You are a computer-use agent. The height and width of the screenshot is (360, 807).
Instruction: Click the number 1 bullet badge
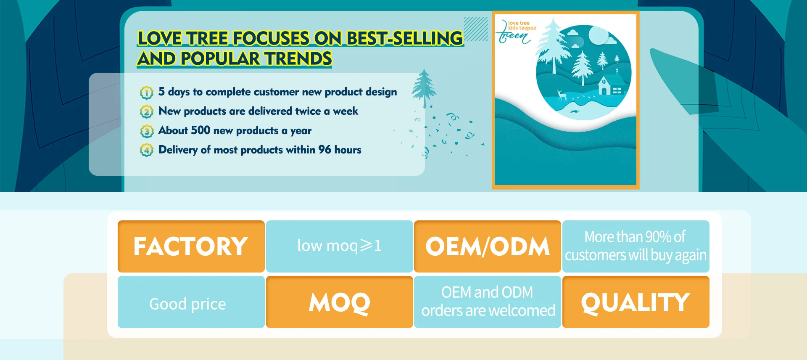[x=147, y=93]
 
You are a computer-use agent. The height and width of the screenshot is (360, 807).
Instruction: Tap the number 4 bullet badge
[x=147, y=150]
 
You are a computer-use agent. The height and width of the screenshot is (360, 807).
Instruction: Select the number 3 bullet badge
[x=147, y=131]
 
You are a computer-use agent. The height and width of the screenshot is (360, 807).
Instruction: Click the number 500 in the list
[x=200, y=130]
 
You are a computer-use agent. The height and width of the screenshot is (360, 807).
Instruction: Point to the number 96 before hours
[x=324, y=149]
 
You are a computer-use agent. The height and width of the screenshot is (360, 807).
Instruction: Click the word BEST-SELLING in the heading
[x=405, y=38]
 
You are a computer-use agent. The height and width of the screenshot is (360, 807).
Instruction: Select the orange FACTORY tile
[x=191, y=246]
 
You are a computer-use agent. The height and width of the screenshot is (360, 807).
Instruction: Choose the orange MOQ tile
[x=340, y=302]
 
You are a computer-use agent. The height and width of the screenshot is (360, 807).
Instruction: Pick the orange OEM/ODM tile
[x=488, y=246]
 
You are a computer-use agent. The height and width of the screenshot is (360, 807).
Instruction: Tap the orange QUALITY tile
[x=636, y=302]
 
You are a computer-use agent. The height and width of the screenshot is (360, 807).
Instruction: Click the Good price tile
[x=191, y=302]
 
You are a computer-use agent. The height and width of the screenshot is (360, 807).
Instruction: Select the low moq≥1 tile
[x=340, y=246]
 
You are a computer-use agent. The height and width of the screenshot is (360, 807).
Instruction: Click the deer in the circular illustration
[x=562, y=95]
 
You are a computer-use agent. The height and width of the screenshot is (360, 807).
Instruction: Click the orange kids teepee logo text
[x=522, y=28]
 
